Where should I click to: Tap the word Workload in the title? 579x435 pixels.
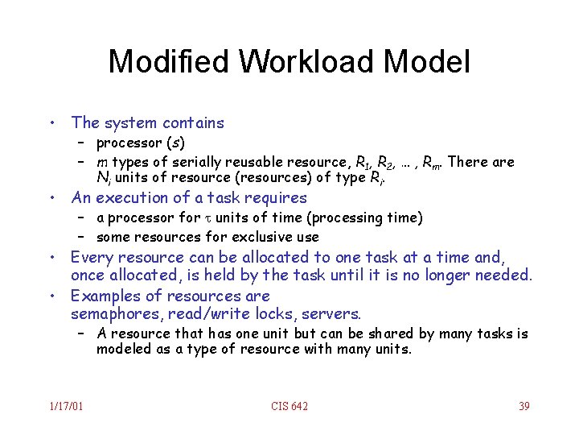pos(306,61)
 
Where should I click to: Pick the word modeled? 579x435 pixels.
pos(122,349)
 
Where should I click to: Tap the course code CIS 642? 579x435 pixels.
pos(289,407)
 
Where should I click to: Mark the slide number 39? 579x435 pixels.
pos(524,407)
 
